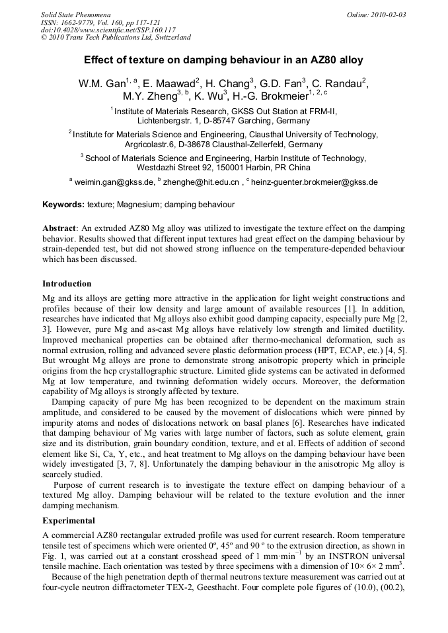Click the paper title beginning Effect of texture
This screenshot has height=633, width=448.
pyautogui.click(x=223, y=59)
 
